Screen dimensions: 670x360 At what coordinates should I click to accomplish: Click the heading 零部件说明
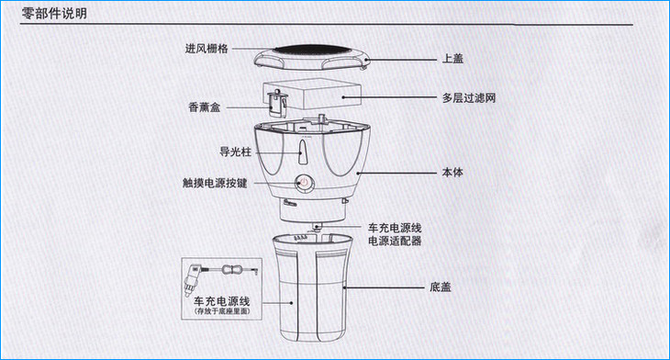click(54, 13)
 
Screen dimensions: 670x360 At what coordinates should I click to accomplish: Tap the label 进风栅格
click(207, 49)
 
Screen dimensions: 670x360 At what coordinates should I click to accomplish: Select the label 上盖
click(452, 59)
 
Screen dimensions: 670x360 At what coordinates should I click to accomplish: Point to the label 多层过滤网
click(469, 98)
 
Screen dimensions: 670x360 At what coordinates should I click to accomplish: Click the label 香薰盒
click(205, 107)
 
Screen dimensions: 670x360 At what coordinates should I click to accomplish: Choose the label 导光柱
click(235, 152)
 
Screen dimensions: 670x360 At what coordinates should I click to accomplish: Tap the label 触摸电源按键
click(215, 183)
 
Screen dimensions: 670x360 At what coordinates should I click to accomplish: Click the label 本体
click(452, 173)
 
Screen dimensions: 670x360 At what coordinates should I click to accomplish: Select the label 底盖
click(441, 287)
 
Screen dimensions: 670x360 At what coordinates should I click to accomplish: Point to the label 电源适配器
click(395, 242)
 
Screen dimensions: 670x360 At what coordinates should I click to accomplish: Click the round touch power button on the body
click(304, 183)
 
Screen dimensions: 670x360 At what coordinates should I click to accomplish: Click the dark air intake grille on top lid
click(311, 51)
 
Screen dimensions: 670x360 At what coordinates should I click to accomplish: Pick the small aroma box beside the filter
click(277, 103)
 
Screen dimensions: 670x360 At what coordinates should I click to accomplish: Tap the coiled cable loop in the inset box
click(232, 270)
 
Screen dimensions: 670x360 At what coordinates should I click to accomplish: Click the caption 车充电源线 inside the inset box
click(222, 301)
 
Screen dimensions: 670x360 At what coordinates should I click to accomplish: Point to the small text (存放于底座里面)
click(222, 311)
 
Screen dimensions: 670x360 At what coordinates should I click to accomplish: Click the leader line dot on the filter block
click(343, 97)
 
